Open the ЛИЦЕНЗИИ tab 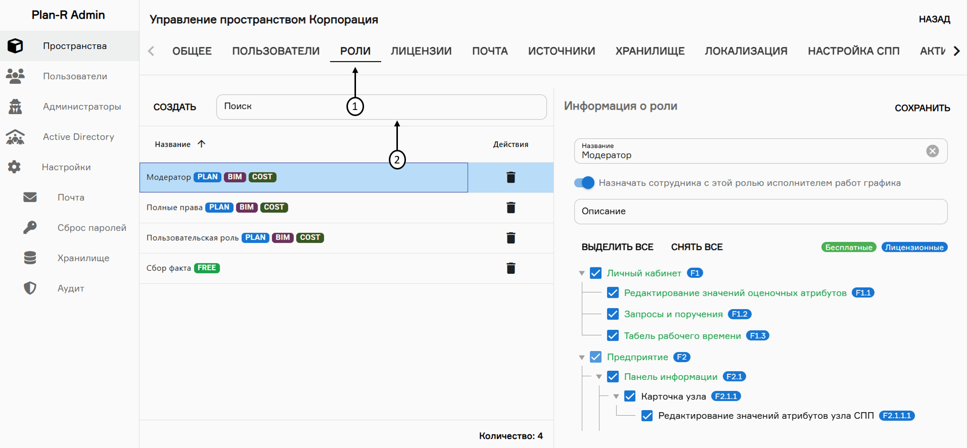(421, 51)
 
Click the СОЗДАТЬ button (175, 107)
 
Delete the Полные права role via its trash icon (511, 207)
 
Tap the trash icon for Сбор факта (511, 268)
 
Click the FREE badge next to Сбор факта (207, 268)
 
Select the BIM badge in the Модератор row (235, 177)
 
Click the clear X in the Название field (932, 151)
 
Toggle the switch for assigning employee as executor (584, 183)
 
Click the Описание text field (760, 211)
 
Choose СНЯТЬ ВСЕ (696, 247)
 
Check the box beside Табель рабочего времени (613, 335)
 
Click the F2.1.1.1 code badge (896, 416)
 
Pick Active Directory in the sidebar (78, 137)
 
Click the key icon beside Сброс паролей (30, 228)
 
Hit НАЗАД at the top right (934, 19)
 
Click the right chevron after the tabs (956, 51)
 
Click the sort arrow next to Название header (201, 144)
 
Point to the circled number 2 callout (397, 160)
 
